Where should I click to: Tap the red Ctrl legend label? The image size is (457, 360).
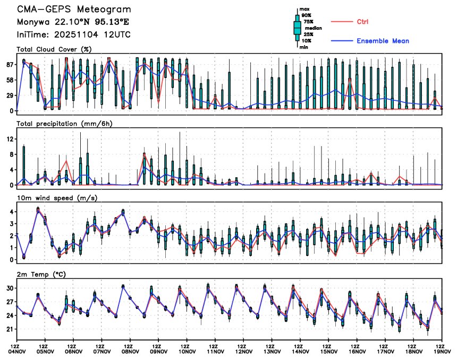click(x=362, y=21)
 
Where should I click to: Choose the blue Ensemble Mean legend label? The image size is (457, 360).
click(x=383, y=41)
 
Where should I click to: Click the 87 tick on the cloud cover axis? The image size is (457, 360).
click(x=9, y=64)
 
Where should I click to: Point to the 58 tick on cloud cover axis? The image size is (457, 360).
click(x=9, y=80)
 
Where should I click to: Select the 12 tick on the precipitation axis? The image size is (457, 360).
click(x=9, y=139)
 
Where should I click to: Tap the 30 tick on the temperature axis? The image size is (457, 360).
click(x=9, y=288)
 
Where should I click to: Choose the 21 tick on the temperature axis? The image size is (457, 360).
click(x=9, y=329)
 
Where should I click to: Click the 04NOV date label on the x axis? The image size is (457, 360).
click(x=16, y=351)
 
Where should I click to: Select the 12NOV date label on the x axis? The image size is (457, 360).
click(x=243, y=351)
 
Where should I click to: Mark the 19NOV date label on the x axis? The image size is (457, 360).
click(x=442, y=351)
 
